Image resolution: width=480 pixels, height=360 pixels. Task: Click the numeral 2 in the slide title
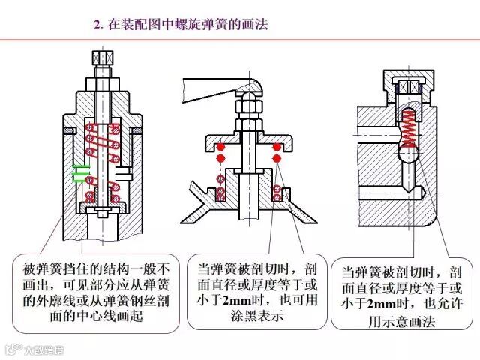click(97, 25)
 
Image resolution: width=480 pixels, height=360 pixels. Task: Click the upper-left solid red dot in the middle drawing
click(220, 147)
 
